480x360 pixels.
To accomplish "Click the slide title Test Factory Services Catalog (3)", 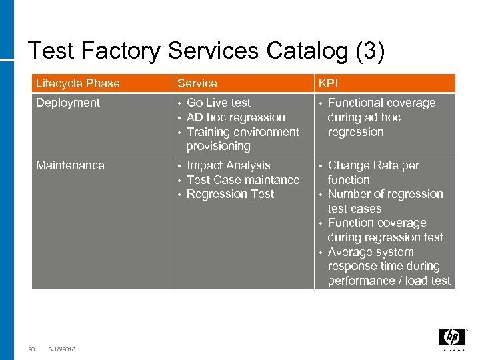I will (x=206, y=51).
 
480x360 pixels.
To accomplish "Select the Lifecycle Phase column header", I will (x=77, y=83).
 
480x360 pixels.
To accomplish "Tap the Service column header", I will (x=197, y=83).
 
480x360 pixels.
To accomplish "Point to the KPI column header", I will (x=328, y=83).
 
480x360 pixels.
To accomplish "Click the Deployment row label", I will (x=67, y=103).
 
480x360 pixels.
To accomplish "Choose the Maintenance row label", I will (x=70, y=165).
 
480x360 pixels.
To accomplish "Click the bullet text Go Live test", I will (x=219, y=103).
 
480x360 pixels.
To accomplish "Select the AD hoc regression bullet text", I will (x=235, y=117).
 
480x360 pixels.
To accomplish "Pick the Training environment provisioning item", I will (x=243, y=139).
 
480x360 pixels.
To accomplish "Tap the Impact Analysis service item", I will (x=228, y=165).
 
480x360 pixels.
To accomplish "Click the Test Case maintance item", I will (x=243, y=180).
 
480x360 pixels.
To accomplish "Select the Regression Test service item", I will (x=230, y=194).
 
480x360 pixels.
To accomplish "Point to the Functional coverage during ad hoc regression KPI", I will (x=381, y=117).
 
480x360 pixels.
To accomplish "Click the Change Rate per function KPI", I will (x=373, y=173).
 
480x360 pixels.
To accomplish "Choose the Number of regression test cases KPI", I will (x=385, y=201).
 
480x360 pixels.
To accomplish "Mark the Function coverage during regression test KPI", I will (x=385, y=230).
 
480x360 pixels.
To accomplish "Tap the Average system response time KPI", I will (x=389, y=266).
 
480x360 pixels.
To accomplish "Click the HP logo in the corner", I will (x=451, y=339).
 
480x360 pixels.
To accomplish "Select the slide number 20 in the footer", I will (x=31, y=349).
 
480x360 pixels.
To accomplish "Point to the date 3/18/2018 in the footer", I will (x=62, y=349).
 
